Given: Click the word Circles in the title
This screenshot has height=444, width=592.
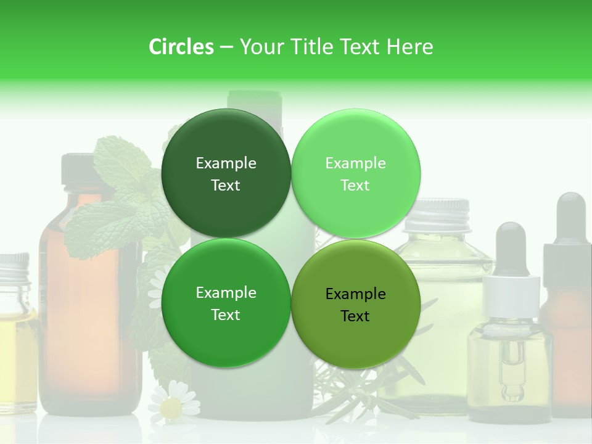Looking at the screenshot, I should click(181, 47).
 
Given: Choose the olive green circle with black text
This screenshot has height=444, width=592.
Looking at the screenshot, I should click(355, 305).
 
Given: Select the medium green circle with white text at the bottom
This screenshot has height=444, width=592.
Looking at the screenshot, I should click(226, 303).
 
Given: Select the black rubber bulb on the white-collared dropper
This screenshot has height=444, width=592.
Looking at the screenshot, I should click(511, 247).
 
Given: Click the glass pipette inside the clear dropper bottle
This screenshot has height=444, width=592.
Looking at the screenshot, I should click(509, 364).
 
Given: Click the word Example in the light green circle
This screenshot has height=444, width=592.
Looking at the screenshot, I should click(355, 163).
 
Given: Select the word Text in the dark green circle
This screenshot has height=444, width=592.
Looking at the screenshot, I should click(226, 186).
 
